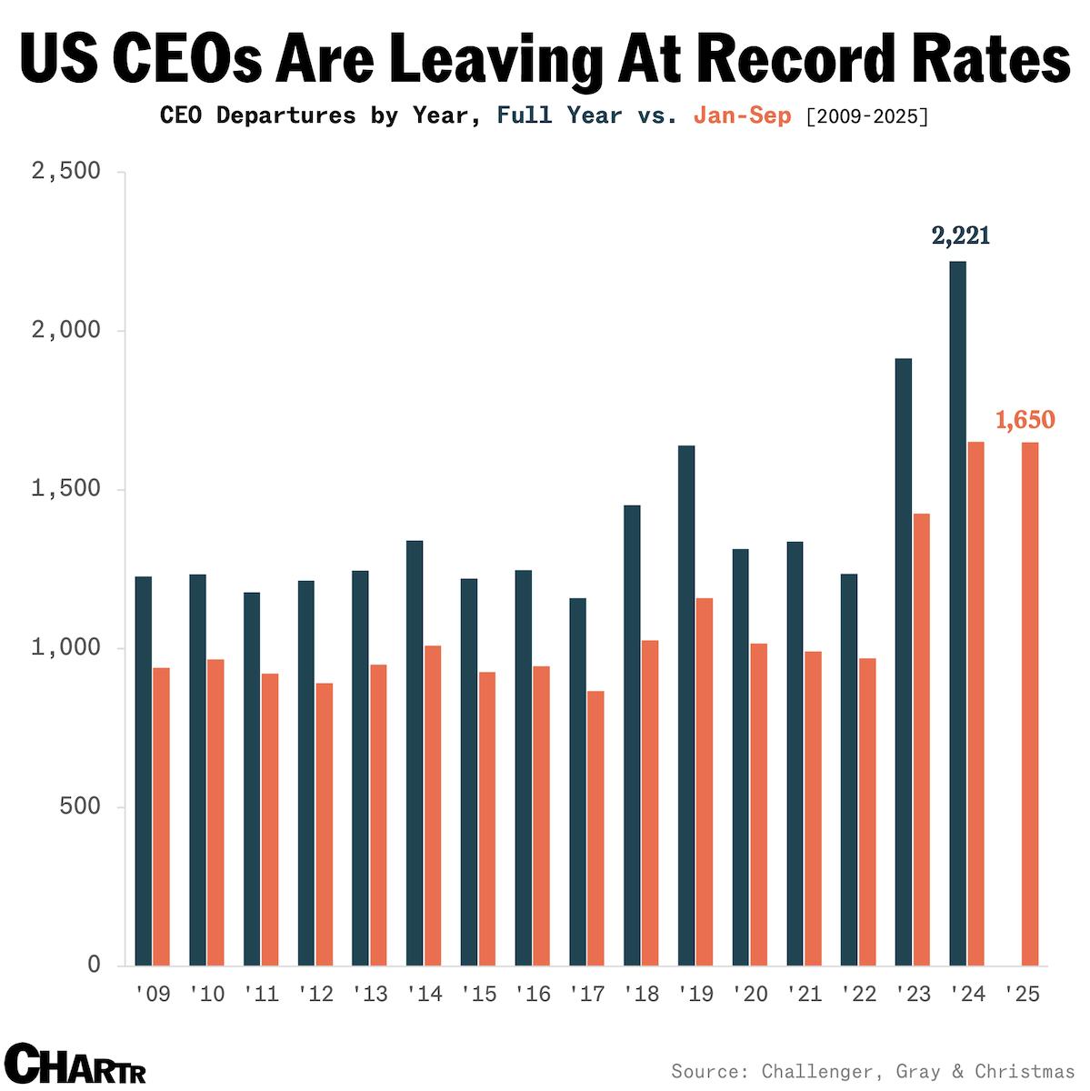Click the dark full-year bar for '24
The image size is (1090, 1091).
[x=957, y=613]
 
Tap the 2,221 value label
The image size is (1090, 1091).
[x=960, y=236]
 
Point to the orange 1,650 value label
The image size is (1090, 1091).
[x=1025, y=420]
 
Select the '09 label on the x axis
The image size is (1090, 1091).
[x=152, y=994]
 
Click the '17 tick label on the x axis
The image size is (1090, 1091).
[x=586, y=994]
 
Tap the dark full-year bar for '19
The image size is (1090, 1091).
[x=686, y=705]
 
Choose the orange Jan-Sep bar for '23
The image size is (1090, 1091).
[x=921, y=739]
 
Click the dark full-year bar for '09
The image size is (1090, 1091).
[x=143, y=770]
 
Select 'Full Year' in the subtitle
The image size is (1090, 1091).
[x=559, y=116]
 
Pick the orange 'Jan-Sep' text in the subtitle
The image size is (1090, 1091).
[x=742, y=116]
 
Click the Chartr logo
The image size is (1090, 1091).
[x=75, y=1064]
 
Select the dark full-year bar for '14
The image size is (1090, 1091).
[x=415, y=753]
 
